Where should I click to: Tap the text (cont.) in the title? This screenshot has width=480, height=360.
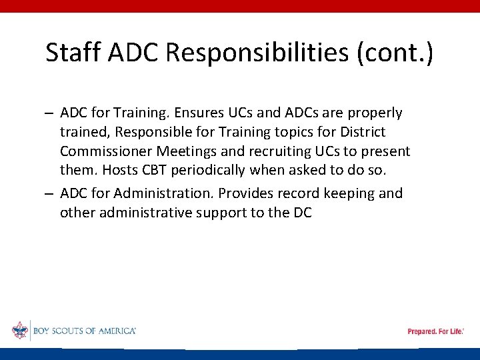point(395,52)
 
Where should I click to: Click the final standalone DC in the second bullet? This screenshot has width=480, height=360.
point(301,213)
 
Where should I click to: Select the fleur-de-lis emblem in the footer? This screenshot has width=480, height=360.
point(20,331)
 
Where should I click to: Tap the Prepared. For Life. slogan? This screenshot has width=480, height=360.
point(435,331)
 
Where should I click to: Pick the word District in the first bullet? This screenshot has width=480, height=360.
point(361,132)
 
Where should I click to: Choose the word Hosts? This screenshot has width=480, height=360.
point(119,170)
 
